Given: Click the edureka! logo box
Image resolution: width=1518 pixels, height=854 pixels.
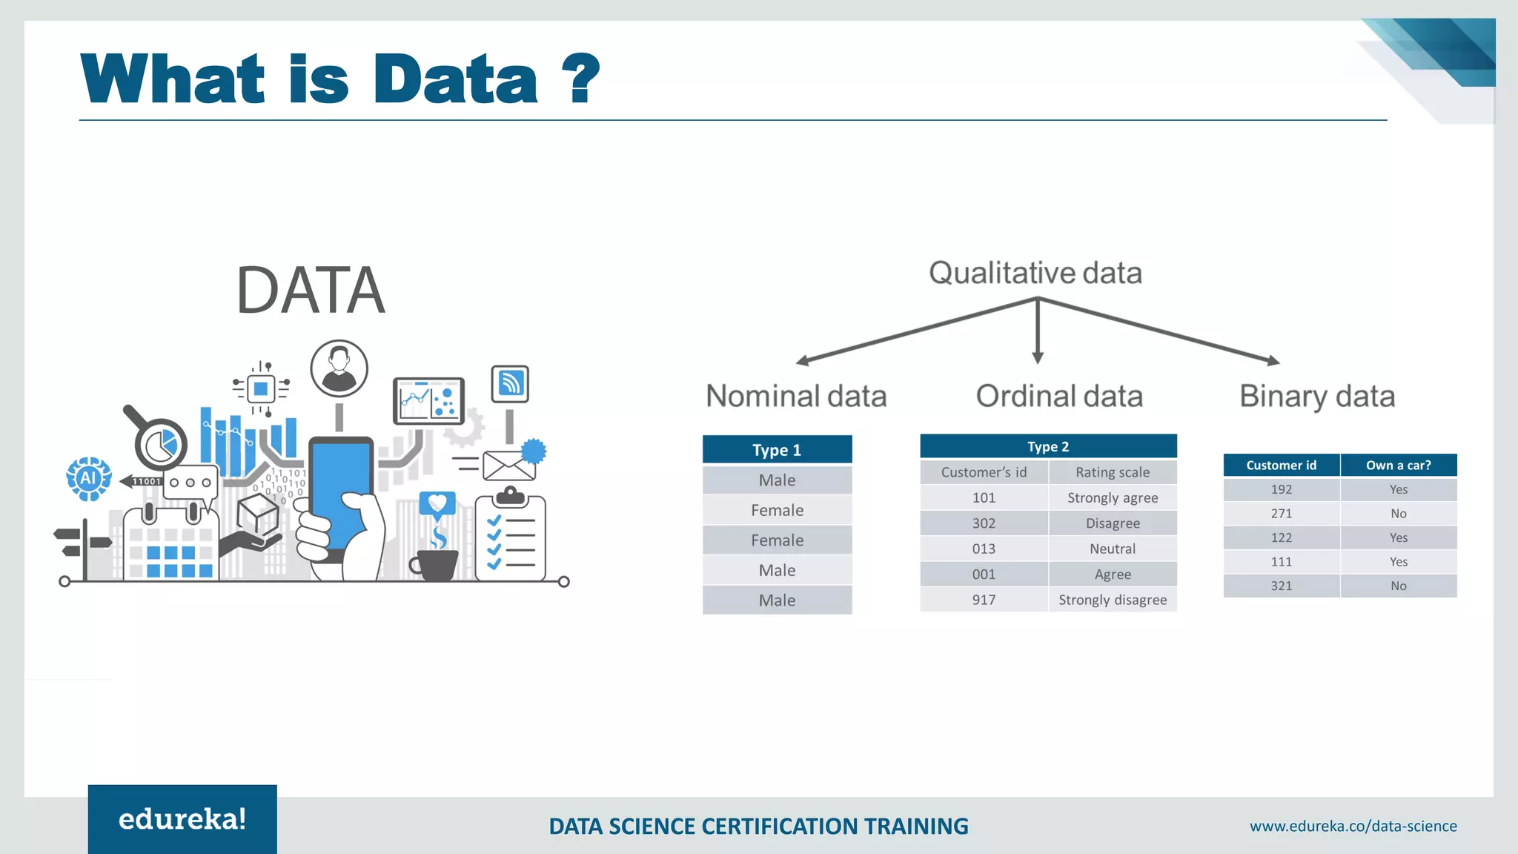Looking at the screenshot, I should pos(182,819).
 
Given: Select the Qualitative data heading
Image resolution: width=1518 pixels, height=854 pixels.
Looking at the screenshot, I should pos(1035,273).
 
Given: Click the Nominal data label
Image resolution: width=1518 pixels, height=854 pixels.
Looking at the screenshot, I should pos(796,396).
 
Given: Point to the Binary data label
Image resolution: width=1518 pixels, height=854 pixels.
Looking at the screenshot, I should pos(1317,396).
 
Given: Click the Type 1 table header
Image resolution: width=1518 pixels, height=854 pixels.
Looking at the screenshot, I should pos(777,450).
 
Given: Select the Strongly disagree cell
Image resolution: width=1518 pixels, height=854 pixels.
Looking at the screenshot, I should pos(1112,600).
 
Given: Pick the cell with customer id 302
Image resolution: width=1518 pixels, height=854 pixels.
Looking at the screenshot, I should pos(984,523).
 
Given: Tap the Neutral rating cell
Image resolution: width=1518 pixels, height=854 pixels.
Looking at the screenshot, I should pos(1112,549).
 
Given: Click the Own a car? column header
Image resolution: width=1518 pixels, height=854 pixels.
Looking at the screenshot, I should pos(1398,466).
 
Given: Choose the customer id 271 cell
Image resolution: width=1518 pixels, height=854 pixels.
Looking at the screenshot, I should pos(1281,514).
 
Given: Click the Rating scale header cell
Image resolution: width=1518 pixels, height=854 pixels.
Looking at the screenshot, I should pos(1112,472).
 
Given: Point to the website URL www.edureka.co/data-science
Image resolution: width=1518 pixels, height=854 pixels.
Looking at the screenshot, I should pos(1353,826).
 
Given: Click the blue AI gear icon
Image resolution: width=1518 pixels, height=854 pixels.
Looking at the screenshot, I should pos(89,478).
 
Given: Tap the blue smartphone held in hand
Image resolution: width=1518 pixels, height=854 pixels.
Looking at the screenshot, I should pos(339,489).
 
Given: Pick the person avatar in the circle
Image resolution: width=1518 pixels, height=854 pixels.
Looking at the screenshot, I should pos(339,368).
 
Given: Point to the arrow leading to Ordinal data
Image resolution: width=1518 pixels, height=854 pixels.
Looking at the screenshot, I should pos(1038,330).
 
